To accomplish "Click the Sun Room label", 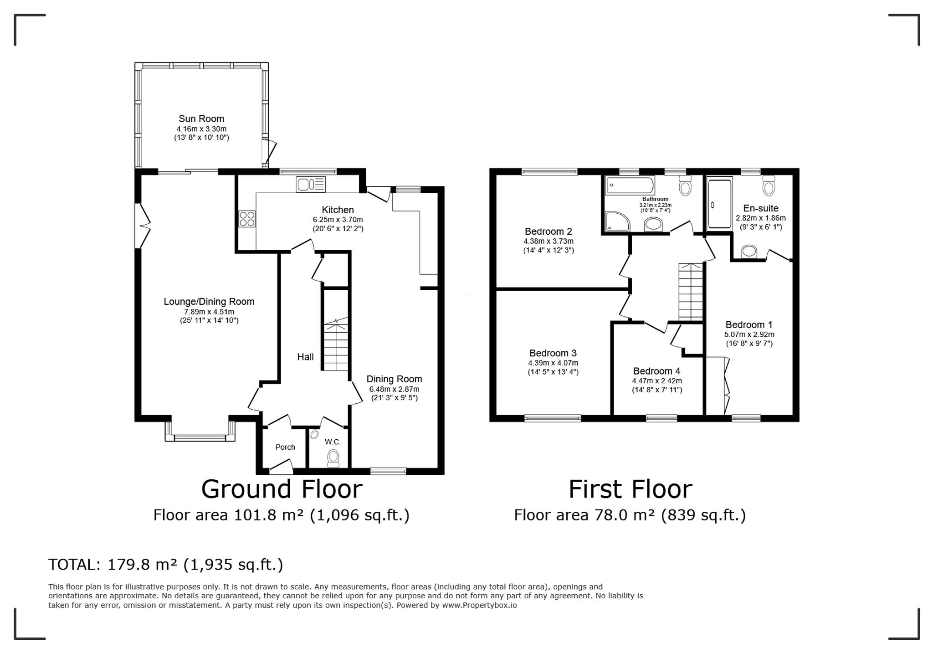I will coord(201,119).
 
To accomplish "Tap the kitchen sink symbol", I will coord(310,184).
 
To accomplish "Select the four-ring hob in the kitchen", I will coord(247,219).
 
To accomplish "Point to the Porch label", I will coord(285,447).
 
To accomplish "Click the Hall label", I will coord(305,357).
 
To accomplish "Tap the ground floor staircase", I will coord(336,346).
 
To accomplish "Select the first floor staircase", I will coord(691,292).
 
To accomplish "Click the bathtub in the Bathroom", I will coord(630,185).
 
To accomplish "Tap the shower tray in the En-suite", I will coord(720,204).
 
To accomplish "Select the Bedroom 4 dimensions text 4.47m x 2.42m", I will coord(656,381).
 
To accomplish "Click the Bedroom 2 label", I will coord(548,231).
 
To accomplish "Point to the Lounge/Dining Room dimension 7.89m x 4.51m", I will coord(209,312).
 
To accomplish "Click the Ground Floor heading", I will coord(282,489).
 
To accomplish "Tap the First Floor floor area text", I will coord(630,515).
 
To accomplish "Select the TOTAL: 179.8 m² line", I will coord(166,565).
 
